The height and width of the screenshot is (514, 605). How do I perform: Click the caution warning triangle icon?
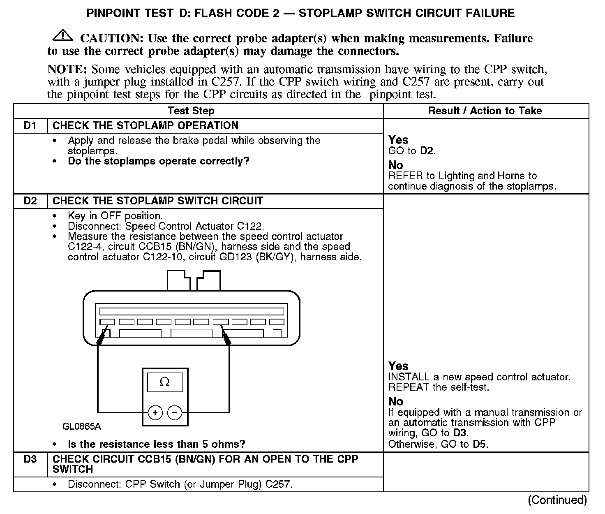point(62,36)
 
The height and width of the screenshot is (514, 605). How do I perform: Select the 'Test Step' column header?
point(191,111)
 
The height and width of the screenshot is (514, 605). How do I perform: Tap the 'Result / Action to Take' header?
point(485,111)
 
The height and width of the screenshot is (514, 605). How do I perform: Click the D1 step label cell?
point(30,126)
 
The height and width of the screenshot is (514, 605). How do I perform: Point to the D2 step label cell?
point(30,201)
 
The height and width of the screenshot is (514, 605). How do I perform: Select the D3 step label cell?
point(30,459)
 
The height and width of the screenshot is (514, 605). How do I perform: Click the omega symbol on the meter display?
point(164,382)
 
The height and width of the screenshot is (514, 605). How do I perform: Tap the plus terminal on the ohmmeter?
point(155,412)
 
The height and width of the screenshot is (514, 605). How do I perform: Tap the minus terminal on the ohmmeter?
point(175,412)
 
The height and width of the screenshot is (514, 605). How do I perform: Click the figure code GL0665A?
point(82,426)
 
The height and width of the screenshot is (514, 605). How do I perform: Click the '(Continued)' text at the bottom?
point(557,500)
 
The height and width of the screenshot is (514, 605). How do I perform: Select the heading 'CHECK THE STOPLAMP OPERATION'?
point(145,126)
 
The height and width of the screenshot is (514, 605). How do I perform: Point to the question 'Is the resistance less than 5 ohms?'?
point(156,445)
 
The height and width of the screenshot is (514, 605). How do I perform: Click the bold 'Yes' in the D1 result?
point(398,140)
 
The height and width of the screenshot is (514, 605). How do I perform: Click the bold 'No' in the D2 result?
point(396,401)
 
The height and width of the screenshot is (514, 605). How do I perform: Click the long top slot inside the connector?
point(192,311)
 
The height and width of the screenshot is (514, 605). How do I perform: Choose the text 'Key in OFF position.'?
point(115,216)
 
